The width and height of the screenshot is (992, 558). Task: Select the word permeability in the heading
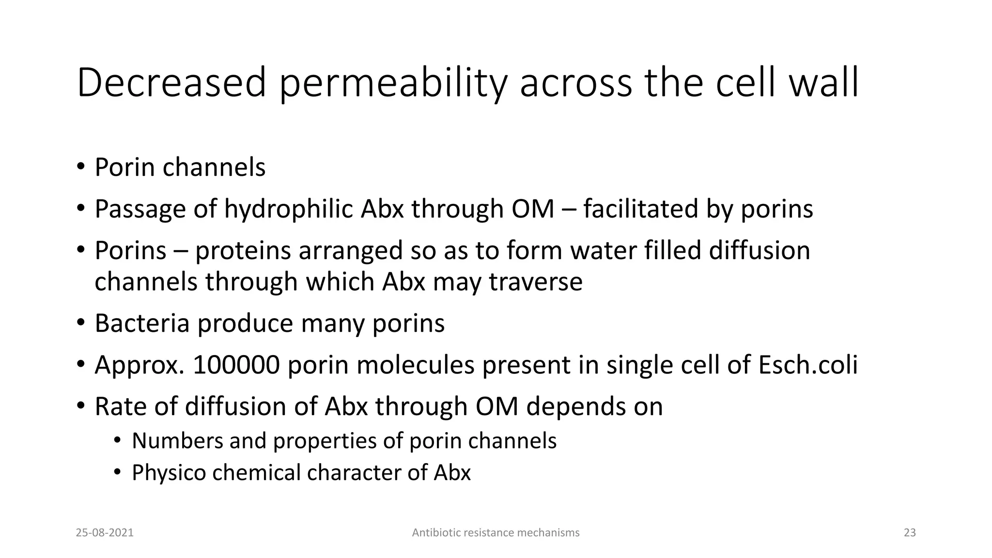tap(393, 83)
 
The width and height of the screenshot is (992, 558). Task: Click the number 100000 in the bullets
tap(236, 365)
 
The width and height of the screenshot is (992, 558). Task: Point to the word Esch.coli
tap(808, 365)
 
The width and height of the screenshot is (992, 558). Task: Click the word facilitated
tap(640, 209)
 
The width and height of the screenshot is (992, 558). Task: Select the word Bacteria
tap(141, 323)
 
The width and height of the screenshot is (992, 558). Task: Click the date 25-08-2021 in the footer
tap(105, 533)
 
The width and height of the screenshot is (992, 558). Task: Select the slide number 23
tap(910, 533)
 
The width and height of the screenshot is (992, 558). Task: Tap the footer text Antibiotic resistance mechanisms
tap(496, 533)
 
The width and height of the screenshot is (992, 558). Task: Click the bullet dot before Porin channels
tap(80, 167)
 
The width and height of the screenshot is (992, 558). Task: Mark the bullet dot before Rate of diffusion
tap(80, 406)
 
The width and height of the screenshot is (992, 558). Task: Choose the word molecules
tap(415, 365)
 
